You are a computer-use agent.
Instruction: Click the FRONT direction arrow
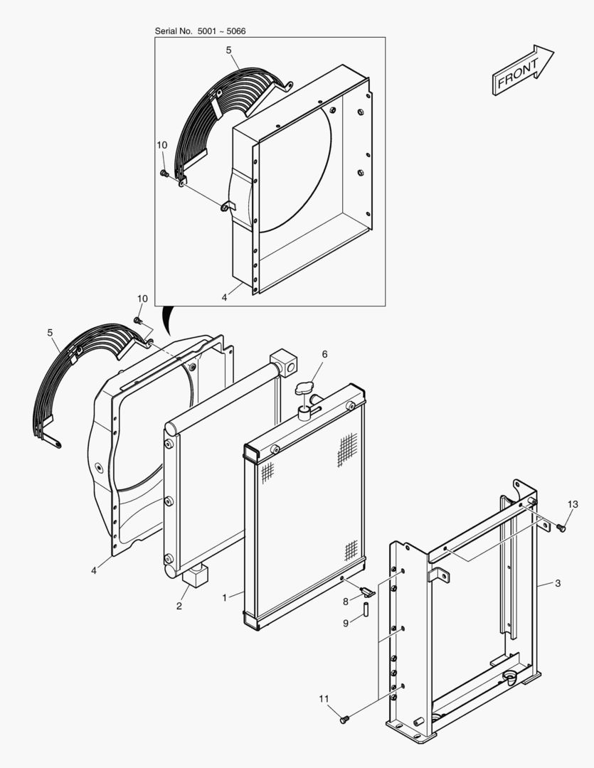[522, 70]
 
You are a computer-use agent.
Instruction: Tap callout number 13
[573, 504]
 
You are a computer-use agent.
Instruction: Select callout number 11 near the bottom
[324, 699]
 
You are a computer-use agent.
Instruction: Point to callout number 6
[324, 354]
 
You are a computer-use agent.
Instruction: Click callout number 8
[346, 602]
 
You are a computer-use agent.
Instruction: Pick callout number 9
[346, 624]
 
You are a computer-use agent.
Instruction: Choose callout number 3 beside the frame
[558, 583]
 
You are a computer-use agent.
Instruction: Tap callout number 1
[224, 597]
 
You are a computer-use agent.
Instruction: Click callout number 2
[179, 606]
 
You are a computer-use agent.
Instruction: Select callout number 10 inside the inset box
[161, 145]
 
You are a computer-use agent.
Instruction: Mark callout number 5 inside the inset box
[228, 50]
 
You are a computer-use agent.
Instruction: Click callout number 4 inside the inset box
[224, 297]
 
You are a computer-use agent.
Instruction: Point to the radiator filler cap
[307, 390]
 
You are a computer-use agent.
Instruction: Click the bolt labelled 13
[561, 528]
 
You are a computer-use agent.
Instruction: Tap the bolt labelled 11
[345, 720]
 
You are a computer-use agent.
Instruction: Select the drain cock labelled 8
[366, 592]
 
